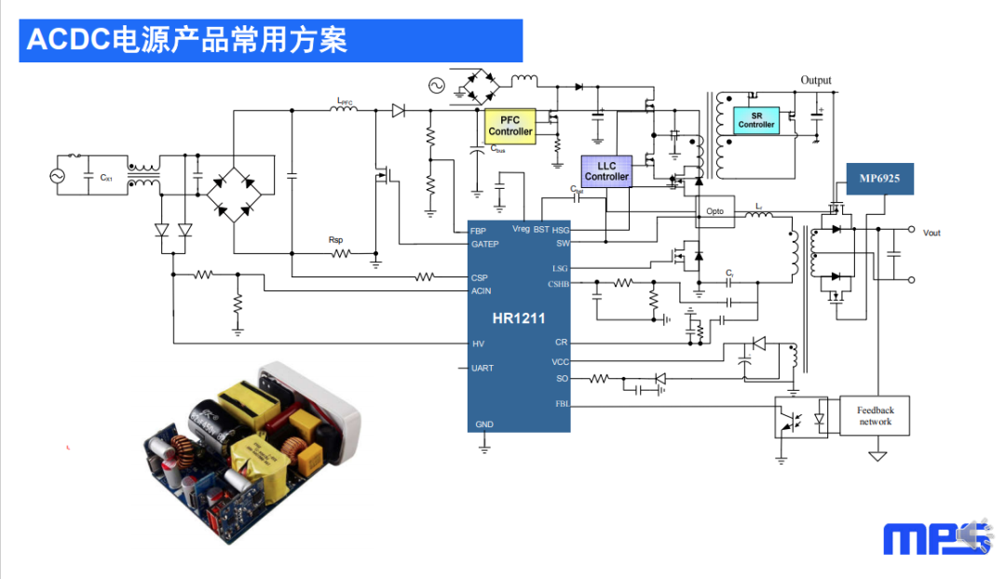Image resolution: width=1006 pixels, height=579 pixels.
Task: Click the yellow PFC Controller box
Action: pos(510,126)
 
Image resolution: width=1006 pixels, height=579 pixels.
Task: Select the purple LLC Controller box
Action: pos(606,171)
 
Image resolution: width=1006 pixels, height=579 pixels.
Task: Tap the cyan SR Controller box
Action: pos(755,120)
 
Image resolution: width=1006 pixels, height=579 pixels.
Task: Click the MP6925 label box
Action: pos(879,179)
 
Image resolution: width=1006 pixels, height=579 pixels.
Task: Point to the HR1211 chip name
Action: pos(519,319)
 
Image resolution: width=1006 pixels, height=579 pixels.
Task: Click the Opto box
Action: pos(714,211)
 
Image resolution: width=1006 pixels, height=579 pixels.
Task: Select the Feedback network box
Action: pos(875,416)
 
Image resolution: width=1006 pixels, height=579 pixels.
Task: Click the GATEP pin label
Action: pos(485,245)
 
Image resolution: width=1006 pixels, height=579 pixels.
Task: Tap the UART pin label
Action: pos(483,369)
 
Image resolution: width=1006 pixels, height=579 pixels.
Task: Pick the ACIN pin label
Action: pos(481,290)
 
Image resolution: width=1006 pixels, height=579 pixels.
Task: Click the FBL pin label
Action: pos(562,404)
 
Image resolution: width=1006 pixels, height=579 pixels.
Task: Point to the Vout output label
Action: pos(931,233)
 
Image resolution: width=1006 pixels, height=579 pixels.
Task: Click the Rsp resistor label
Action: pos(336,239)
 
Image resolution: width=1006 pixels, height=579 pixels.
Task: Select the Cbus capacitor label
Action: pos(498,149)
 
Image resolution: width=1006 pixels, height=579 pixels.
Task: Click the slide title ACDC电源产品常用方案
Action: pos(186,40)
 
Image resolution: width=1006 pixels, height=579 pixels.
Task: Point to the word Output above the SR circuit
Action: pos(816,81)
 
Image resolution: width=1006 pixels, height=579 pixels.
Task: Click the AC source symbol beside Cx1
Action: pos(55,175)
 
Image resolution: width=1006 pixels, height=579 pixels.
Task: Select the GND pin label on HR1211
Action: pos(484,424)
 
